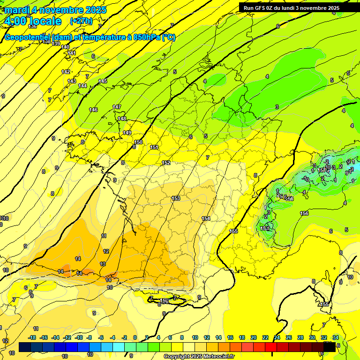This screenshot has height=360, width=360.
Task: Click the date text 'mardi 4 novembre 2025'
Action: pos(56,10)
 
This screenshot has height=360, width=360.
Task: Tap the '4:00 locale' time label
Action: pos(32,21)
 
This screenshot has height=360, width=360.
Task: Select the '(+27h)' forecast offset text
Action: pos(81,21)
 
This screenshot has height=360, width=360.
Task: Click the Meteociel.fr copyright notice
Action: pos(199,357)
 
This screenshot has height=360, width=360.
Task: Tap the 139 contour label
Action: pos(56,44)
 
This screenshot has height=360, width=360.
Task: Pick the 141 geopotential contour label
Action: pos(71,53)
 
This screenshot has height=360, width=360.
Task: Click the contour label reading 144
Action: pos(82,86)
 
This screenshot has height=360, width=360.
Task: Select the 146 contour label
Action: pos(93,110)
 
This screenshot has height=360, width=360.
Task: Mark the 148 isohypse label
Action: pos(122,119)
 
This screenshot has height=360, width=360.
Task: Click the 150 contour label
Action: pos(138,142)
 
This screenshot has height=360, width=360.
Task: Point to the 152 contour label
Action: pos(166,163)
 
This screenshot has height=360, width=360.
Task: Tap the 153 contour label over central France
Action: pos(176,198)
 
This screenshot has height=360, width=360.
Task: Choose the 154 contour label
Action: pos(206,219)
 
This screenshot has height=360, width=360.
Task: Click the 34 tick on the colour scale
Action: pos(336,337)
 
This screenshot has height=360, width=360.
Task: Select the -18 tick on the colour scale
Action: pos(32,337)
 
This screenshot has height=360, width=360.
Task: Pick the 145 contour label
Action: pos(103,82)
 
